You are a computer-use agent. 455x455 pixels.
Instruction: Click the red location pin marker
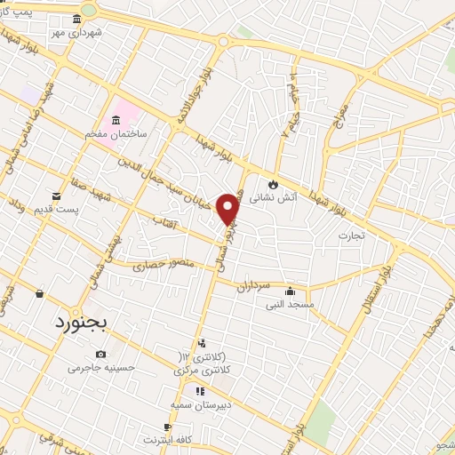[x=228, y=208]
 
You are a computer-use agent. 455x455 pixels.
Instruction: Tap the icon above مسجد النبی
[x=290, y=291]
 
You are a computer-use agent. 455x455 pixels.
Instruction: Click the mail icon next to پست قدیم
[x=58, y=196]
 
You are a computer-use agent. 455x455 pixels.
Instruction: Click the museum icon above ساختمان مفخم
[x=116, y=120]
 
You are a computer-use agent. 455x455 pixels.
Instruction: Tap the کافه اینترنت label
[x=167, y=440]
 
